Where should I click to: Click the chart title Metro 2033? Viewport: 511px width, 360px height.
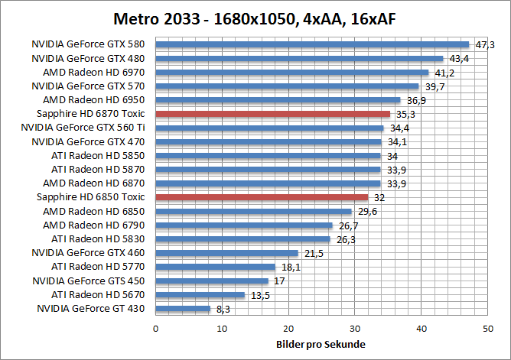255,18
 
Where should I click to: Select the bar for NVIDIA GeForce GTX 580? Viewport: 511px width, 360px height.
312,44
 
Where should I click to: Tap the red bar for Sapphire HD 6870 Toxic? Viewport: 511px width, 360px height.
272,114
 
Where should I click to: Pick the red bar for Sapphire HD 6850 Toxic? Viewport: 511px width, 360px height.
262,197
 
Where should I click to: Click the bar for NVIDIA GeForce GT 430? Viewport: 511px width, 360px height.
183,309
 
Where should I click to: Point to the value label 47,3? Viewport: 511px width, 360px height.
485,45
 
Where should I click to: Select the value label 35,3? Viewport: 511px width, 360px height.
405,115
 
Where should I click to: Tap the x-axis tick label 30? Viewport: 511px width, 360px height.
355,329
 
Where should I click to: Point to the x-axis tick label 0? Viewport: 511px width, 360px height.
156,329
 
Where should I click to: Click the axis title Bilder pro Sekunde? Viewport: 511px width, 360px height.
321,344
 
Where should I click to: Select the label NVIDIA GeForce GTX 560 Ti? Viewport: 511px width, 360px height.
89,128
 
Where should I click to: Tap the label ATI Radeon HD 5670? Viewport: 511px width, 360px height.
99,295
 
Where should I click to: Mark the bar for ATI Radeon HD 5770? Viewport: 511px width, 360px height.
215,267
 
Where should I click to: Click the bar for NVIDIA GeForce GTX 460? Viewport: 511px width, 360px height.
226,253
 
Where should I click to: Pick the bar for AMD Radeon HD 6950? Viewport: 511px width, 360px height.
278,100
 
